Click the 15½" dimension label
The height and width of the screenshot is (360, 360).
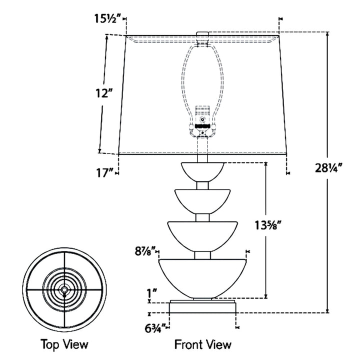(x=107, y=19)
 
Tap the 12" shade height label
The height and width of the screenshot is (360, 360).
(x=104, y=93)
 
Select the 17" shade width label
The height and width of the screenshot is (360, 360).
(x=104, y=173)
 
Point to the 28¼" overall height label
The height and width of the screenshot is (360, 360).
(x=329, y=168)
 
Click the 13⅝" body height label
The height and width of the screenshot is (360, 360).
(x=267, y=225)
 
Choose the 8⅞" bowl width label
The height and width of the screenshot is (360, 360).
(x=145, y=251)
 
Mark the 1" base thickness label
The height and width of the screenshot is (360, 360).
(x=152, y=293)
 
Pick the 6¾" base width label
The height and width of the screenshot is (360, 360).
(x=155, y=328)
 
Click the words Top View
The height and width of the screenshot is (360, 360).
(x=64, y=344)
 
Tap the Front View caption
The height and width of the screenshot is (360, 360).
(x=202, y=344)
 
